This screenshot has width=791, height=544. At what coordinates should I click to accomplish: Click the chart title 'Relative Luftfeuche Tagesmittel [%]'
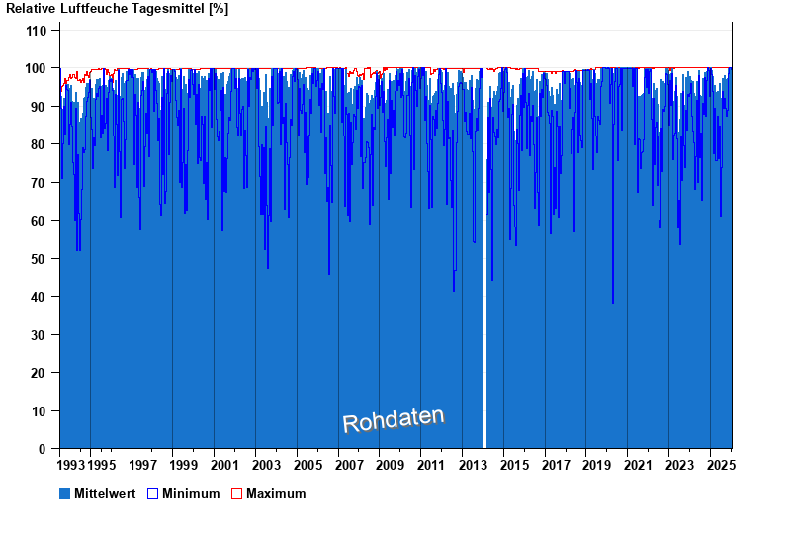pyautogui.click(x=118, y=9)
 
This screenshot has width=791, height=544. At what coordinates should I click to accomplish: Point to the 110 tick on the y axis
pyautogui.click(x=36, y=31)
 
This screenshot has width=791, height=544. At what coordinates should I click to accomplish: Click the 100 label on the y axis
pyautogui.click(x=36, y=68)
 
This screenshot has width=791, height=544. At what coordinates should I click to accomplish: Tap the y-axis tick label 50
pyautogui.click(x=40, y=259)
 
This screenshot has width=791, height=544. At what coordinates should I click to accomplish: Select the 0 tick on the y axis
pyautogui.click(x=43, y=449)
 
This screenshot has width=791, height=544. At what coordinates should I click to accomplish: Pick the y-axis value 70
pyautogui.click(x=40, y=183)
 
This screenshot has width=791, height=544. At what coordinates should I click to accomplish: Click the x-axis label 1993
pyautogui.click(x=71, y=465)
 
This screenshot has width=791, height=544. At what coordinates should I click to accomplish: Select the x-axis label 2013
pyautogui.click(x=473, y=465)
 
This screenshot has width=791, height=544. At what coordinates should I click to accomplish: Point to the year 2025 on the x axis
pyautogui.click(x=720, y=465)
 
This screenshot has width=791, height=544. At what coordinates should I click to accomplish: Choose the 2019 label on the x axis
pyautogui.click(x=596, y=465)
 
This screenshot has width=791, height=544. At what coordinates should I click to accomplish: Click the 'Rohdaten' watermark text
pyautogui.click(x=394, y=420)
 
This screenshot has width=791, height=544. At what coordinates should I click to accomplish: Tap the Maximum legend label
pyautogui.click(x=276, y=493)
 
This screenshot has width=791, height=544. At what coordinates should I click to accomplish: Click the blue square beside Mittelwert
pyautogui.click(x=65, y=493)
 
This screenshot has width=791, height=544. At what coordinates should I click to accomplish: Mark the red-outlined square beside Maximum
pyautogui.click(x=237, y=493)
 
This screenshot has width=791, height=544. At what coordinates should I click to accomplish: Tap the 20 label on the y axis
pyautogui.click(x=40, y=373)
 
